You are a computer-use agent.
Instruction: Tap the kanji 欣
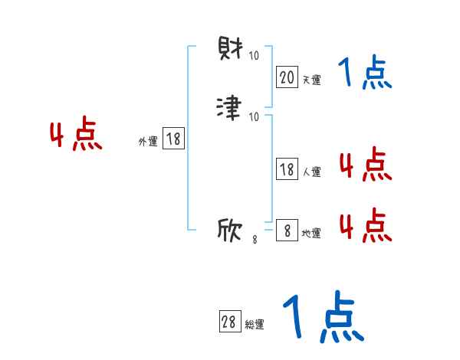click(230, 231)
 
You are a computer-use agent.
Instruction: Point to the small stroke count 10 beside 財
click(254, 56)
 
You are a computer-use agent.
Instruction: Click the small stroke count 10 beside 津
click(254, 116)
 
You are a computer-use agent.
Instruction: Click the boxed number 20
click(287, 77)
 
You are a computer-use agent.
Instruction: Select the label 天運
click(310, 80)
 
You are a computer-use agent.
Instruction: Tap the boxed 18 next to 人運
click(287, 170)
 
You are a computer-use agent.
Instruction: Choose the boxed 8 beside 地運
click(287, 231)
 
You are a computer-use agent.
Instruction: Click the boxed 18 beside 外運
click(173, 139)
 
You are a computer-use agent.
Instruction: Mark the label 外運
click(148, 141)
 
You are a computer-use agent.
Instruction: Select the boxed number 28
click(228, 322)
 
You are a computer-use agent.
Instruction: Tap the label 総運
click(254, 325)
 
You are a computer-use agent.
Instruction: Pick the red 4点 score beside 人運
click(365, 165)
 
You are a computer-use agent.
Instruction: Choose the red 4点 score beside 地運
click(365, 225)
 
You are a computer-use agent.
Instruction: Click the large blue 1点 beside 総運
click(322, 316)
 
